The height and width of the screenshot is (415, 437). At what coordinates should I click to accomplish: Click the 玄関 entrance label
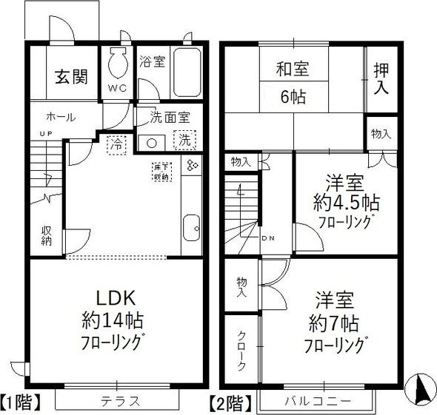click(x=72, y=77)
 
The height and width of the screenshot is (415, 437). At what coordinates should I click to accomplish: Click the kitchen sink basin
click(x=191, y=225)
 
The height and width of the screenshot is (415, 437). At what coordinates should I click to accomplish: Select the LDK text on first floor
click(x=113, y=297)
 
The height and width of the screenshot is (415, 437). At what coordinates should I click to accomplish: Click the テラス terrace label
click(x=119, y=402)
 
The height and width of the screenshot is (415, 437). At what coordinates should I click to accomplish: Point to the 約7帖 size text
click(x=334, y=323)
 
